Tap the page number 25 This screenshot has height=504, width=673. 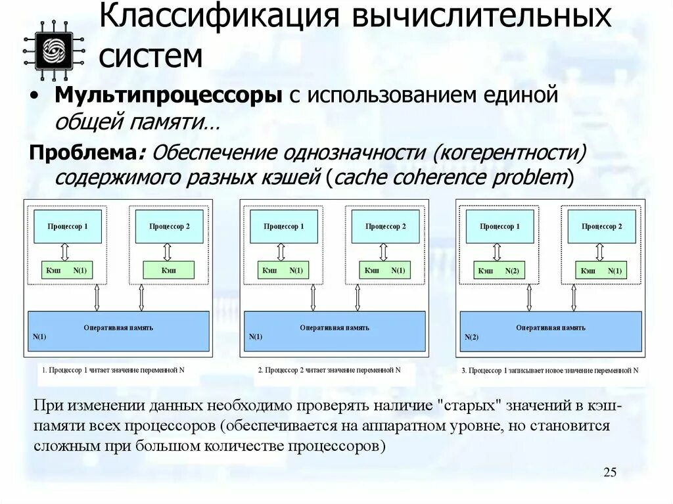609,472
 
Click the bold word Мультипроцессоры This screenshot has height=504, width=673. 168,97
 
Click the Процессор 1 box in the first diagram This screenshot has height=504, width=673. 68,226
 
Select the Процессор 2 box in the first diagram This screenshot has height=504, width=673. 169,226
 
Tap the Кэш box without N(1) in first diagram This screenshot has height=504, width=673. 169,269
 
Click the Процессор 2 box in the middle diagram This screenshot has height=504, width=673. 386,226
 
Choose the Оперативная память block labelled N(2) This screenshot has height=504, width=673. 551,331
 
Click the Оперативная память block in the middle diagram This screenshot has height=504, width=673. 335,331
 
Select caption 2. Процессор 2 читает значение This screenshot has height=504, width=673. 329,370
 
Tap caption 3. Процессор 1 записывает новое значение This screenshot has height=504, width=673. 549,371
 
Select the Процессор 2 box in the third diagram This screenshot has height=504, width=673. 601,226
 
